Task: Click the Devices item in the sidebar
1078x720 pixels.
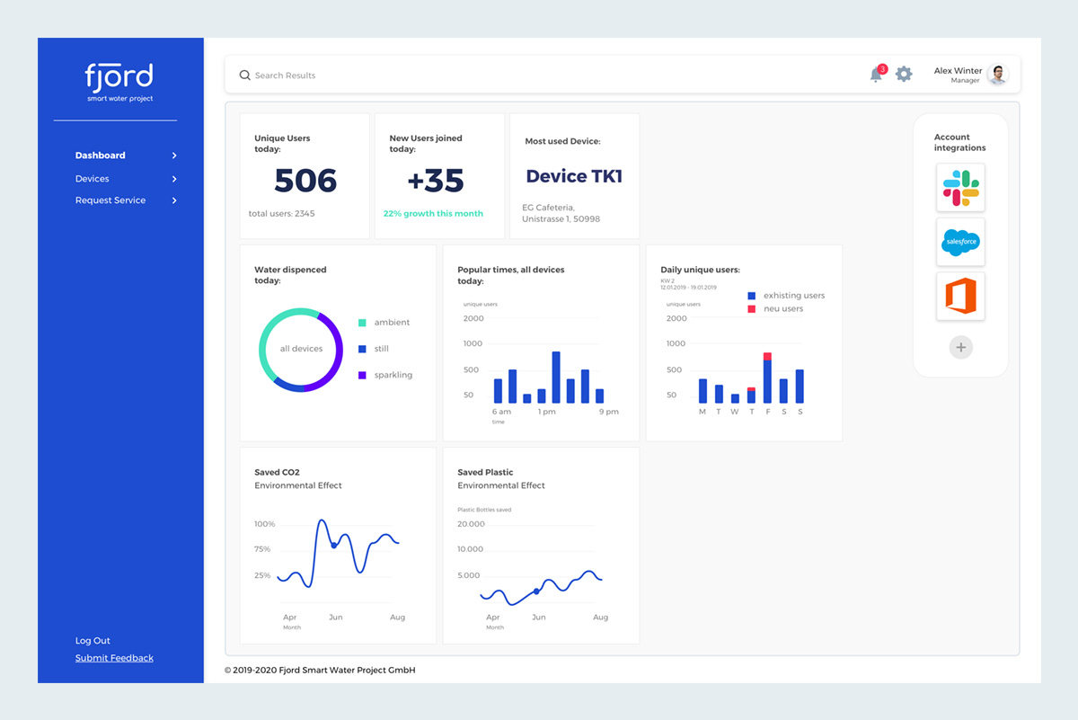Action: (x=93, y=179)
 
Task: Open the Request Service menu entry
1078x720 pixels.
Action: (x=110, y=200)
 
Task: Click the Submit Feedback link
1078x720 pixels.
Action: (x=114, y=658)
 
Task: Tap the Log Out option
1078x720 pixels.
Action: (x=93, y=641)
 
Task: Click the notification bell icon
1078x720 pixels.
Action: (x=876, y=76)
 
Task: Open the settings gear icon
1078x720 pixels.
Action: (x=904, y=75)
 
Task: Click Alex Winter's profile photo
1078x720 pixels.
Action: (x=997, y=75)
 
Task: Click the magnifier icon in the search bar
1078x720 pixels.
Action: (x=244, y=76)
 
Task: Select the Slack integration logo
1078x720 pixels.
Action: (x=960, y=188)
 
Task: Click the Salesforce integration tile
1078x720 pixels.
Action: (x=960, y=242)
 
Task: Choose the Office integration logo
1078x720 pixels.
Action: (x=960, y=297)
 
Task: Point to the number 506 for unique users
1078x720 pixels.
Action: (x=305, y=181)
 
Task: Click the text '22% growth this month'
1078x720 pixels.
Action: (x=433, y=214)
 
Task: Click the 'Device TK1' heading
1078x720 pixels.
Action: (x=574, y=176)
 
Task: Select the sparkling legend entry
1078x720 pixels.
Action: (x=393, y=375)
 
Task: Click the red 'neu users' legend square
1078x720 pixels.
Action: (x=752, y=309)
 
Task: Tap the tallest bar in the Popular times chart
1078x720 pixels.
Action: (x=556, y=377)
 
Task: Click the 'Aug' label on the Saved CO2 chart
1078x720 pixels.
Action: (x=397, y=618)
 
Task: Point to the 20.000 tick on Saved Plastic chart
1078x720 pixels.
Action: (x=471, y=523)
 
